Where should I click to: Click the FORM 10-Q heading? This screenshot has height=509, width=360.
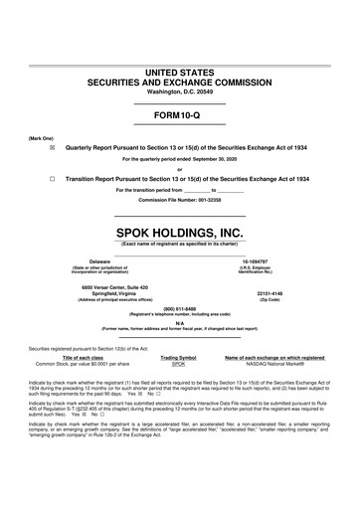(x=180, y=115)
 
